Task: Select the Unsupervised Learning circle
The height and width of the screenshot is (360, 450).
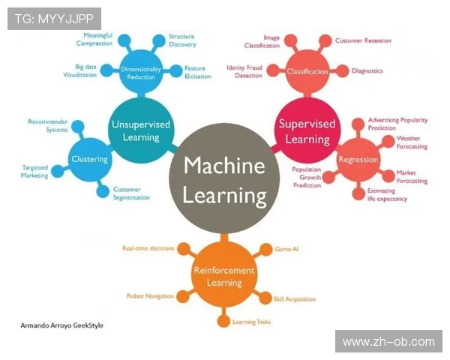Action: tap(140, 130)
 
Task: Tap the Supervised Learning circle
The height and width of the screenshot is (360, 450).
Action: tap(304, 130)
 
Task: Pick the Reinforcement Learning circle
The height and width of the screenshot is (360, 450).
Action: tap(224, 276)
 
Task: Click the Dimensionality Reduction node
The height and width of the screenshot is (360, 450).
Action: tap(141, 73)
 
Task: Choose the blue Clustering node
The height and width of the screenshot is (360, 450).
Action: tap(90, 159)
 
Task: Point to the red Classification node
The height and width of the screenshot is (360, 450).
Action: tap(307, 72)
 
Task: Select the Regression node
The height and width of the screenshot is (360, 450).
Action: tap(358, 159)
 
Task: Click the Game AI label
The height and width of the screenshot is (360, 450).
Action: tap(287, 247)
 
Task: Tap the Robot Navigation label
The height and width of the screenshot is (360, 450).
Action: tap(149, 297)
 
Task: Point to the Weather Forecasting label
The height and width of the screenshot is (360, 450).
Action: tap(412, 142)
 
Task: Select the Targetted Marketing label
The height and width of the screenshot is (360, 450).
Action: tap(35, 172)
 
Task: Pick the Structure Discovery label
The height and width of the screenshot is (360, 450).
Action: tap(181, 40)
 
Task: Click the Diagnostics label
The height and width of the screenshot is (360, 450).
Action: tap(367, 71)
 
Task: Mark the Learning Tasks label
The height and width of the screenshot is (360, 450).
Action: tap(251, 322)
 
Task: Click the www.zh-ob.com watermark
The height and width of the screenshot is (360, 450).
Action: tap(388, 342)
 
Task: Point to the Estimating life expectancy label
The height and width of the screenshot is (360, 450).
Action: tap(387, 195)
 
